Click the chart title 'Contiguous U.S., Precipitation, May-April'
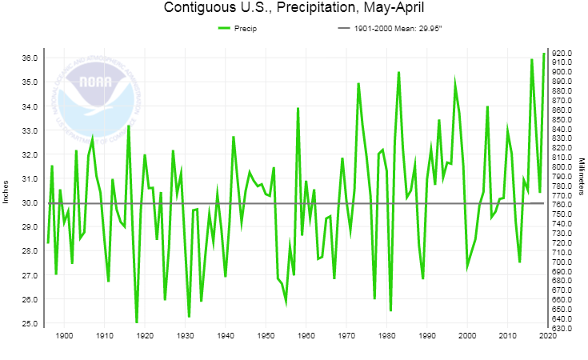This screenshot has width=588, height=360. click(294, 9)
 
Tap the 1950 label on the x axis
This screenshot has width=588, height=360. click(266, 336)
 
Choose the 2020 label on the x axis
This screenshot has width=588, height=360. click(547, 336)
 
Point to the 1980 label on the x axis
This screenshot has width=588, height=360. click(386, 336)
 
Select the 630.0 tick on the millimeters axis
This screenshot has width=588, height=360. click(562, 328)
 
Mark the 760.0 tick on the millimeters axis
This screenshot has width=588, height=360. click(562, 205)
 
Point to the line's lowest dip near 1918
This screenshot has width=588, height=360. click(137, 322)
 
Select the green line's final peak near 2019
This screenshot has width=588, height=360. click(544, 54)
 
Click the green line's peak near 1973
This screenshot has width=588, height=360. click(358, 83)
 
